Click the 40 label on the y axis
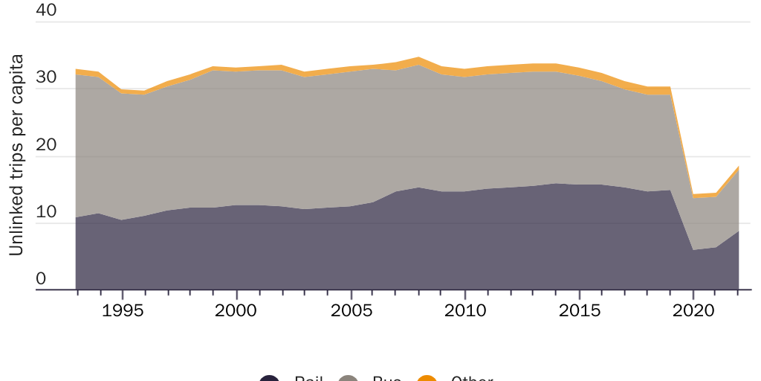point(45,11)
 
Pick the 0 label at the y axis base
point(41,279)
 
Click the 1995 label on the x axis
point(122,309)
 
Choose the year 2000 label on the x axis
point(236,309)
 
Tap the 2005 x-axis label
point(350,309)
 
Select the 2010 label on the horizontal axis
point(464,309)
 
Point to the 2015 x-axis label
point(578,309)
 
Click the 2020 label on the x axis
point(693,309)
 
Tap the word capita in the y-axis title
point(16,79)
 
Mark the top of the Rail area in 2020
point(693,250)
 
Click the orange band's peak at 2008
point(419,57)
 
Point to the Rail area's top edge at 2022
point(738,231)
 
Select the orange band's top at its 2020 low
point(693,194)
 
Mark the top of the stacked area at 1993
point(77,69)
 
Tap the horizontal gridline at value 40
point(401,22)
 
